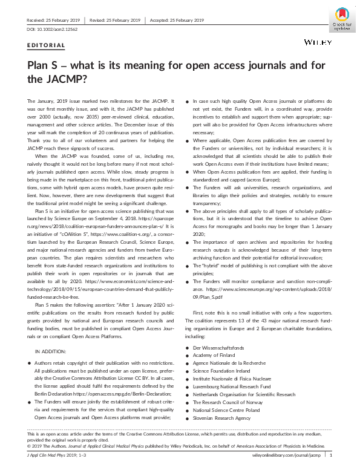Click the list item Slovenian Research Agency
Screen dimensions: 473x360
click(221, 417)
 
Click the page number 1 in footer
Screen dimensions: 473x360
click(331, 454)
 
